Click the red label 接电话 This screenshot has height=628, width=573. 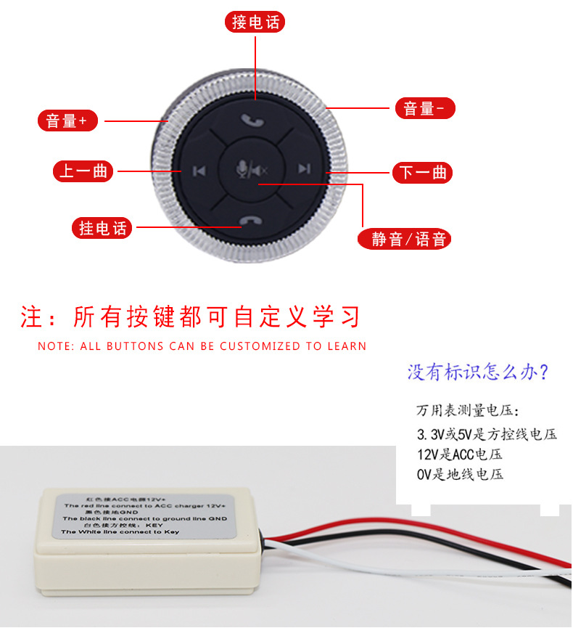(255, 23)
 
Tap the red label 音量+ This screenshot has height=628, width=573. (67, 121)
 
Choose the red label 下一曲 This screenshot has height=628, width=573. (423, 173)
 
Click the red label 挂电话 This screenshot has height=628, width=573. (103, 228)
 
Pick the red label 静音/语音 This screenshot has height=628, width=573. (405, 239)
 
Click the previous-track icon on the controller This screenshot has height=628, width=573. (199, 171)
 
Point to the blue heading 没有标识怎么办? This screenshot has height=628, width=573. (478, 372)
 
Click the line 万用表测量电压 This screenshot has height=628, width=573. (467, 411)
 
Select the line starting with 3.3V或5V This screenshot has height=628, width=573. (487, 435)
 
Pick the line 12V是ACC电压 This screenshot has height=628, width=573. (459, 455)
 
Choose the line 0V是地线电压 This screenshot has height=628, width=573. (460, 475)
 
